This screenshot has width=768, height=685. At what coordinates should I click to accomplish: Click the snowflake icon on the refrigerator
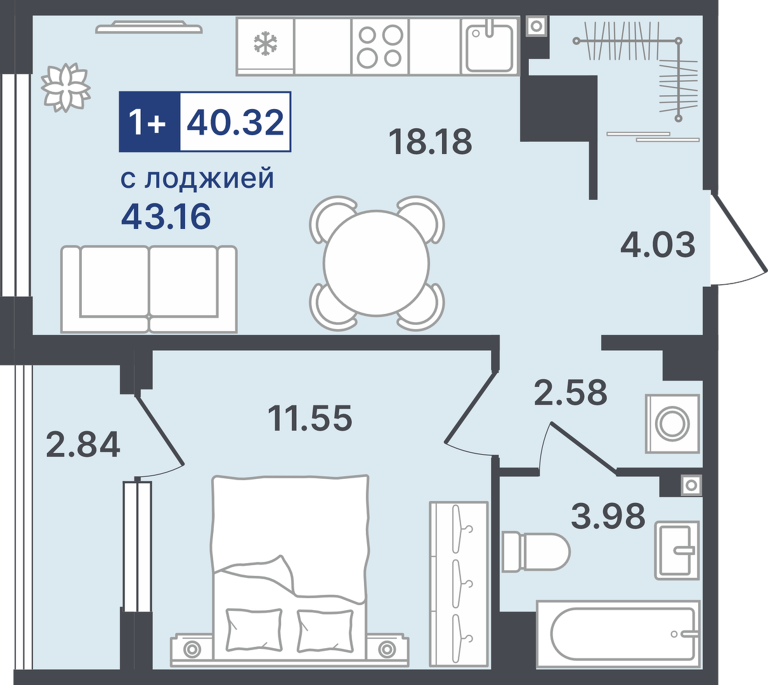pyautogui.click(x=265, y=43)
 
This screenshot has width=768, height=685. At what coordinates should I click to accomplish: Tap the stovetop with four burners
pyautogui.click(x=381, y=47)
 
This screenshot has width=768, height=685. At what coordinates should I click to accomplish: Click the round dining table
pyautogui.click(x=377, y=263)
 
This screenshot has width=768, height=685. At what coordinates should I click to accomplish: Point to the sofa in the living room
pyautogui.click(x=149, y=289)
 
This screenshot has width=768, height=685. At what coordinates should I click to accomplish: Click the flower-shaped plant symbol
pyautogui.click(x=66, y=88)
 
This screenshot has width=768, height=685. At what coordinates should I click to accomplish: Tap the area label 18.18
pyautogui.click(x=430, y=142)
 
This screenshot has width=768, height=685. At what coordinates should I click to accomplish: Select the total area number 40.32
pyautogui.click(x=235, y=122)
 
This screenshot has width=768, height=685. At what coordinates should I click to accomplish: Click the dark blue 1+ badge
pyautogui.click(x=150, y=122)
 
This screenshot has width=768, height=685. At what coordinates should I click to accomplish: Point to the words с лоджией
pyautogui.click(x=197, y=179)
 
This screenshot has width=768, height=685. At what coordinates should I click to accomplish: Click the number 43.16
pyautogui.click(x=166, y=216)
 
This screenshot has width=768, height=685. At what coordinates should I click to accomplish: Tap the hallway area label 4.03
pyautogui.click(x=658, y=245)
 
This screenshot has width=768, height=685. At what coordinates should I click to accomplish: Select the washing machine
pyautogui.click(x=673, y=424)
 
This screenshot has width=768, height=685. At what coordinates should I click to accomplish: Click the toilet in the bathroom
pyautogui.click(x=536, y=552)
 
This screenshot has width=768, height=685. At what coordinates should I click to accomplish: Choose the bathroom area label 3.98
pyautogui.click(x=608, y=516)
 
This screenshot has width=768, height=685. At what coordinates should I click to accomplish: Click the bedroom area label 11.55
pyautogui.click(x=310, y=417)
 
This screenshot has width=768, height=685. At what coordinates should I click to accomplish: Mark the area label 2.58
pyautogui.click(x=571, y=392)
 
